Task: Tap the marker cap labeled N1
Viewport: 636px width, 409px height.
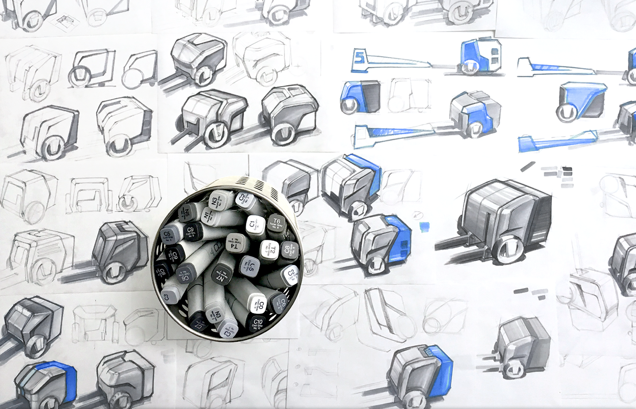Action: [x=207, y=216]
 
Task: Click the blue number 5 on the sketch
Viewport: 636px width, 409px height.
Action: [x=361, y=58]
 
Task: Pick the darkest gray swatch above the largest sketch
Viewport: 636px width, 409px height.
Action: [x=567, y=171]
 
